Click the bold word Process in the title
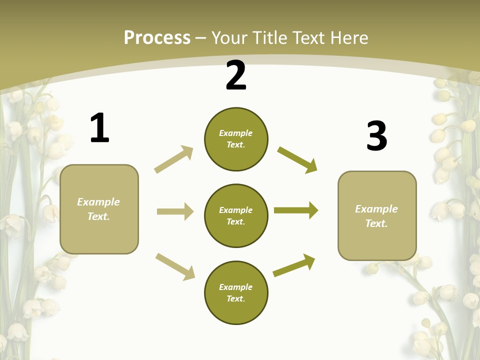pos(157,37)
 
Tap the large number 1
pos(99,128)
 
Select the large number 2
pos(236,75)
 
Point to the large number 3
pos(377,136)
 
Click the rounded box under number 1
pos(99,209)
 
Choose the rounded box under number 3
pos(377,216)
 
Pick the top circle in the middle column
pos(236,139)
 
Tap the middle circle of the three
pos(236,215)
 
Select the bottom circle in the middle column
pos(236,292)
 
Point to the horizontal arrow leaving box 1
pos(175,211)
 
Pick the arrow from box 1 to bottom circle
pos(175,266)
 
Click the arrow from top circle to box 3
pos(297,159)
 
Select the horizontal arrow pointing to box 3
pos(296,210)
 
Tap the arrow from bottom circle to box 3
pos(294,265)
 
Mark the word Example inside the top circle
pos(236,133)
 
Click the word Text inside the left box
pos(98,216)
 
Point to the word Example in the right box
pos(376,209)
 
